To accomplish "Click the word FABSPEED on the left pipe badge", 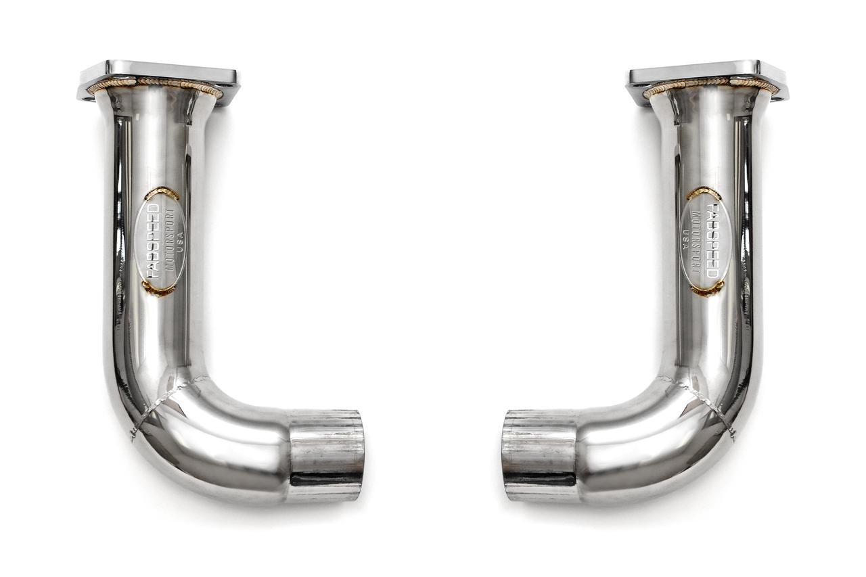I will pos(154,241).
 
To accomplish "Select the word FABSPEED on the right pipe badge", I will pos(712,240).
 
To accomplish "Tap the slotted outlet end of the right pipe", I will pos(539,455).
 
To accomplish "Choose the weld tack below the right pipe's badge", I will pos(707,290).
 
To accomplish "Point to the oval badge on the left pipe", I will pos(161,242).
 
